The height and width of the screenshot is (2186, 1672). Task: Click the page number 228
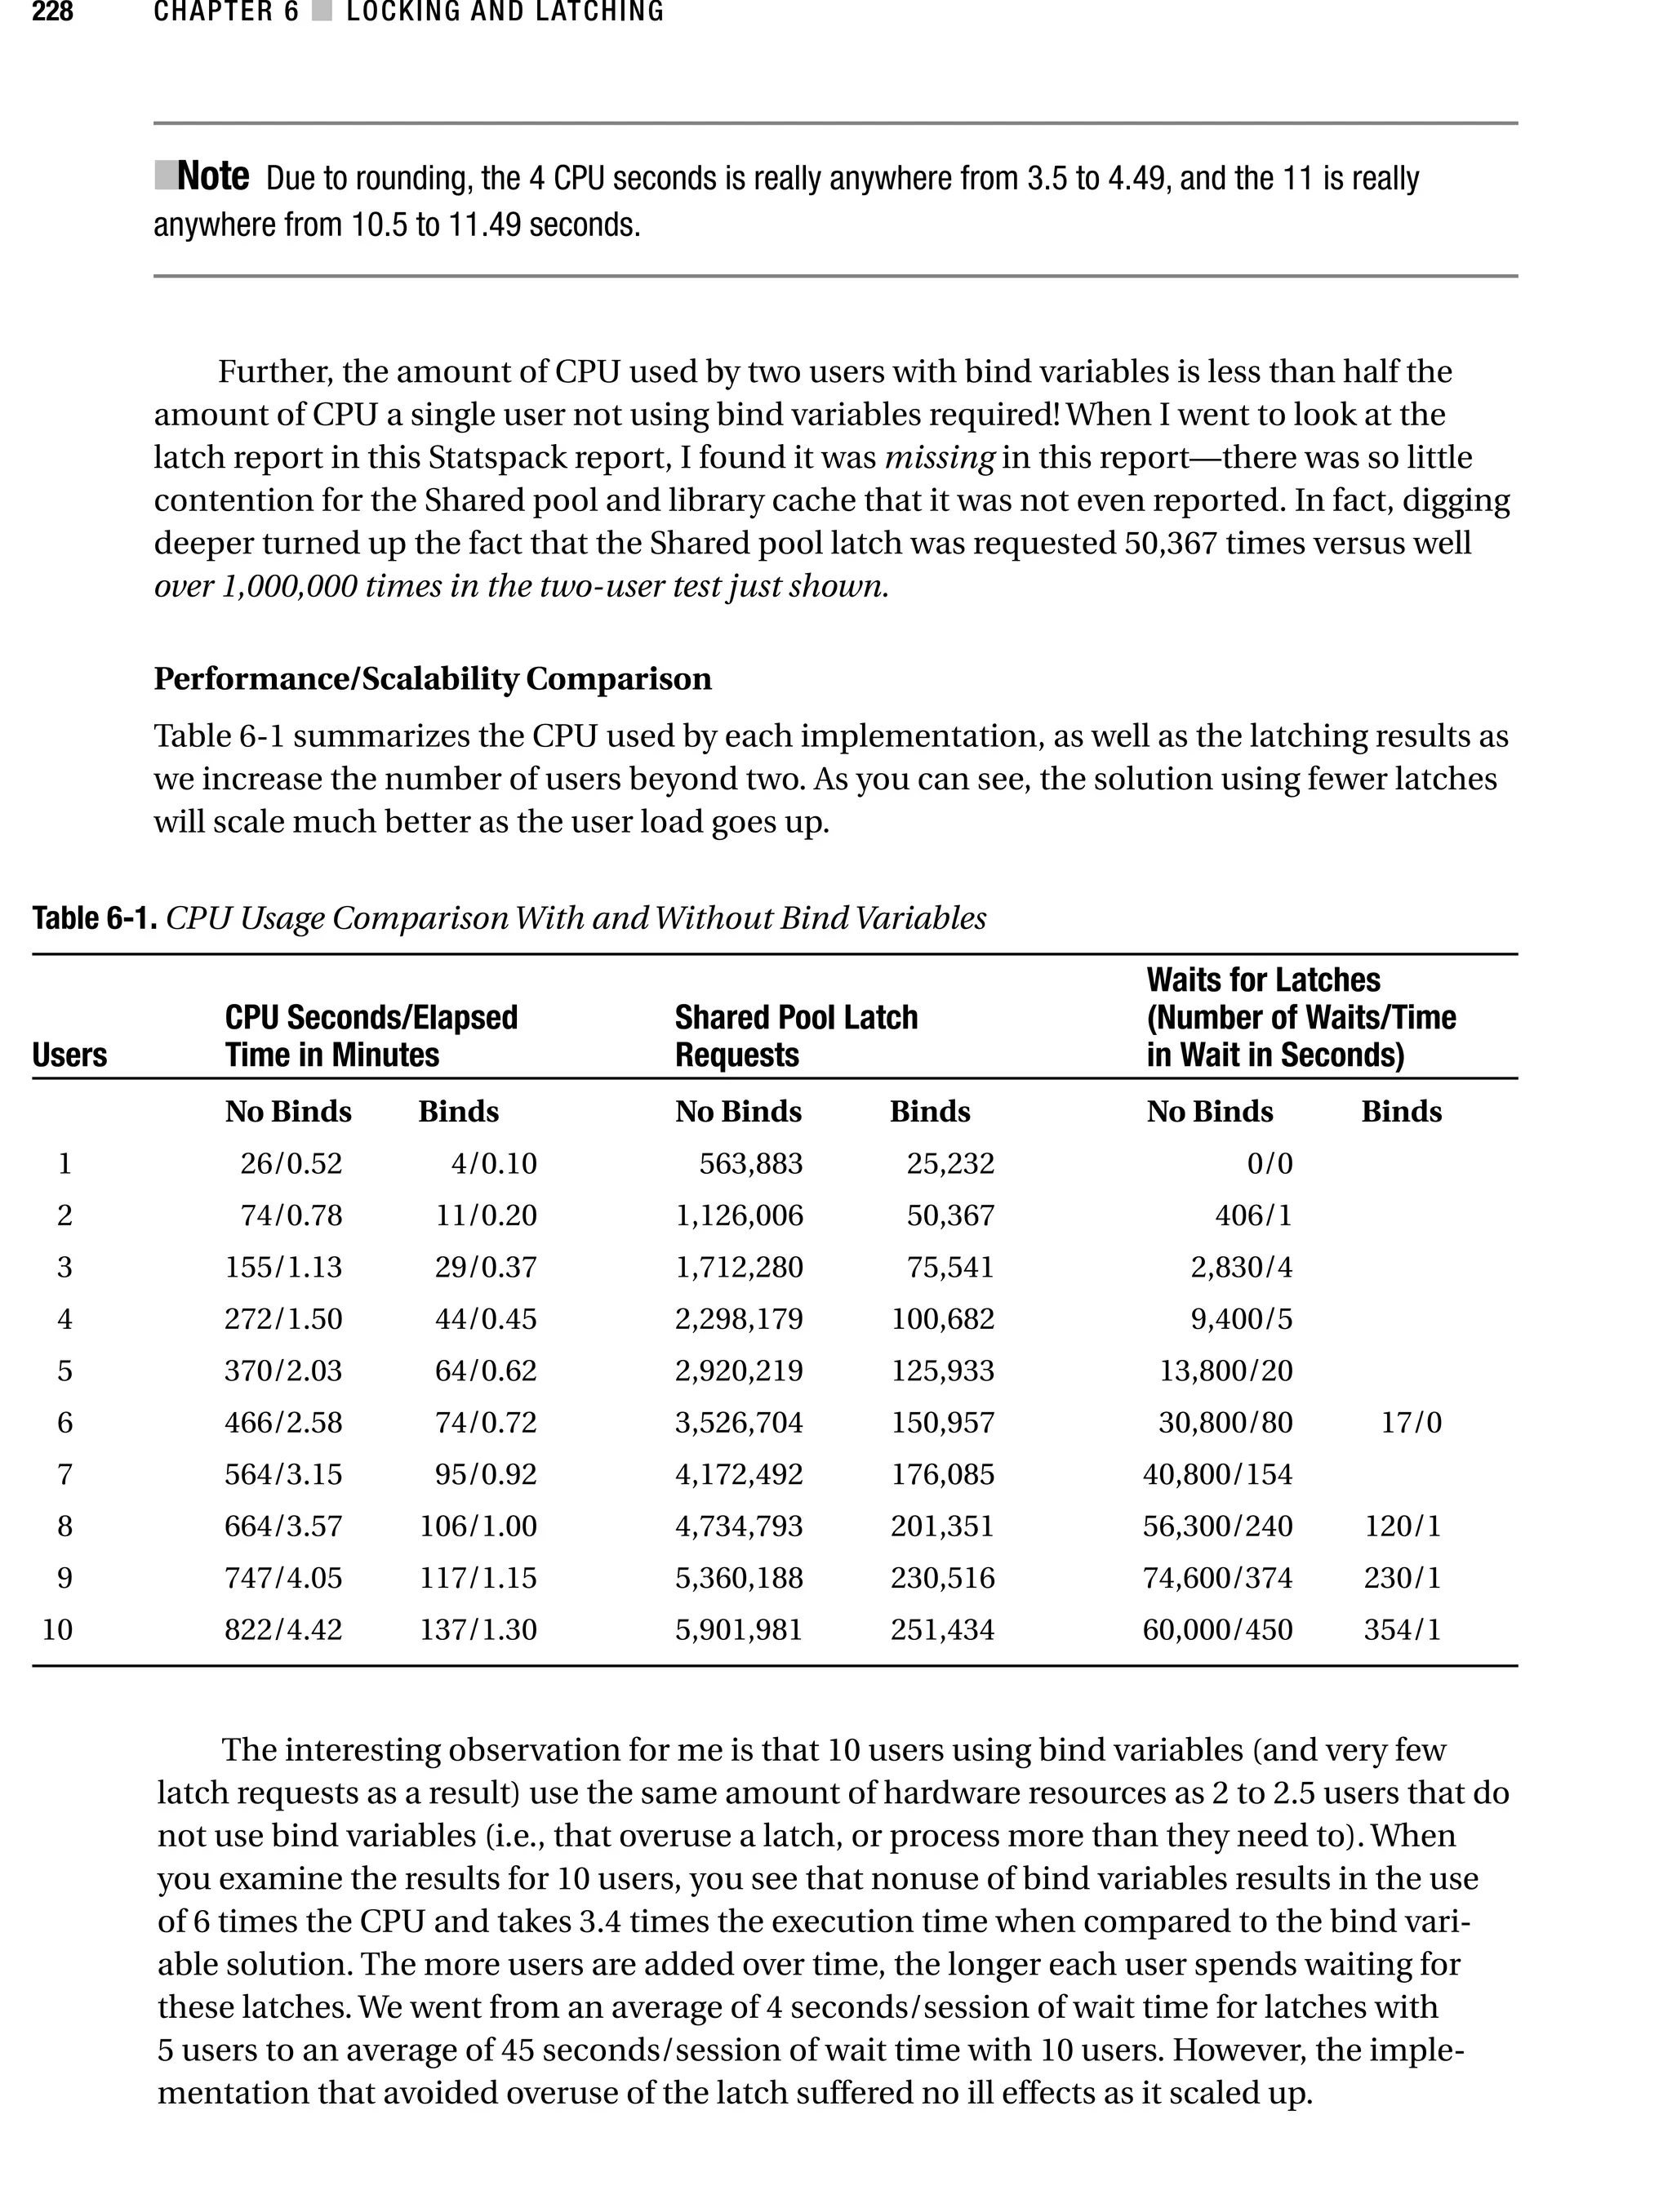click(x=53, y=12)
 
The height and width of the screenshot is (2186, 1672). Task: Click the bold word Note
click(x=212, y=177)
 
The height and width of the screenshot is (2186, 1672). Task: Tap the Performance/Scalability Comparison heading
click(x=432, y=678)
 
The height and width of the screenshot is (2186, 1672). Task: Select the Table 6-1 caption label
click(x=95, y=917)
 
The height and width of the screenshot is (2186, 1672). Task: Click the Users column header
click(x=69, y=1055)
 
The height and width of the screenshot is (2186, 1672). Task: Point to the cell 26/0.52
click(x=291, y=1164)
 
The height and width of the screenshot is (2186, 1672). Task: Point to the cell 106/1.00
click(x=478, y=1526)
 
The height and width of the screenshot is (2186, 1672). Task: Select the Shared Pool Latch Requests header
click(x=795, y=1036)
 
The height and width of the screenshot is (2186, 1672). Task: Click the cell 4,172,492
click(x=739, y=1474)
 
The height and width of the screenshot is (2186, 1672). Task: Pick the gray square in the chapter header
click(x=322, y=12)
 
